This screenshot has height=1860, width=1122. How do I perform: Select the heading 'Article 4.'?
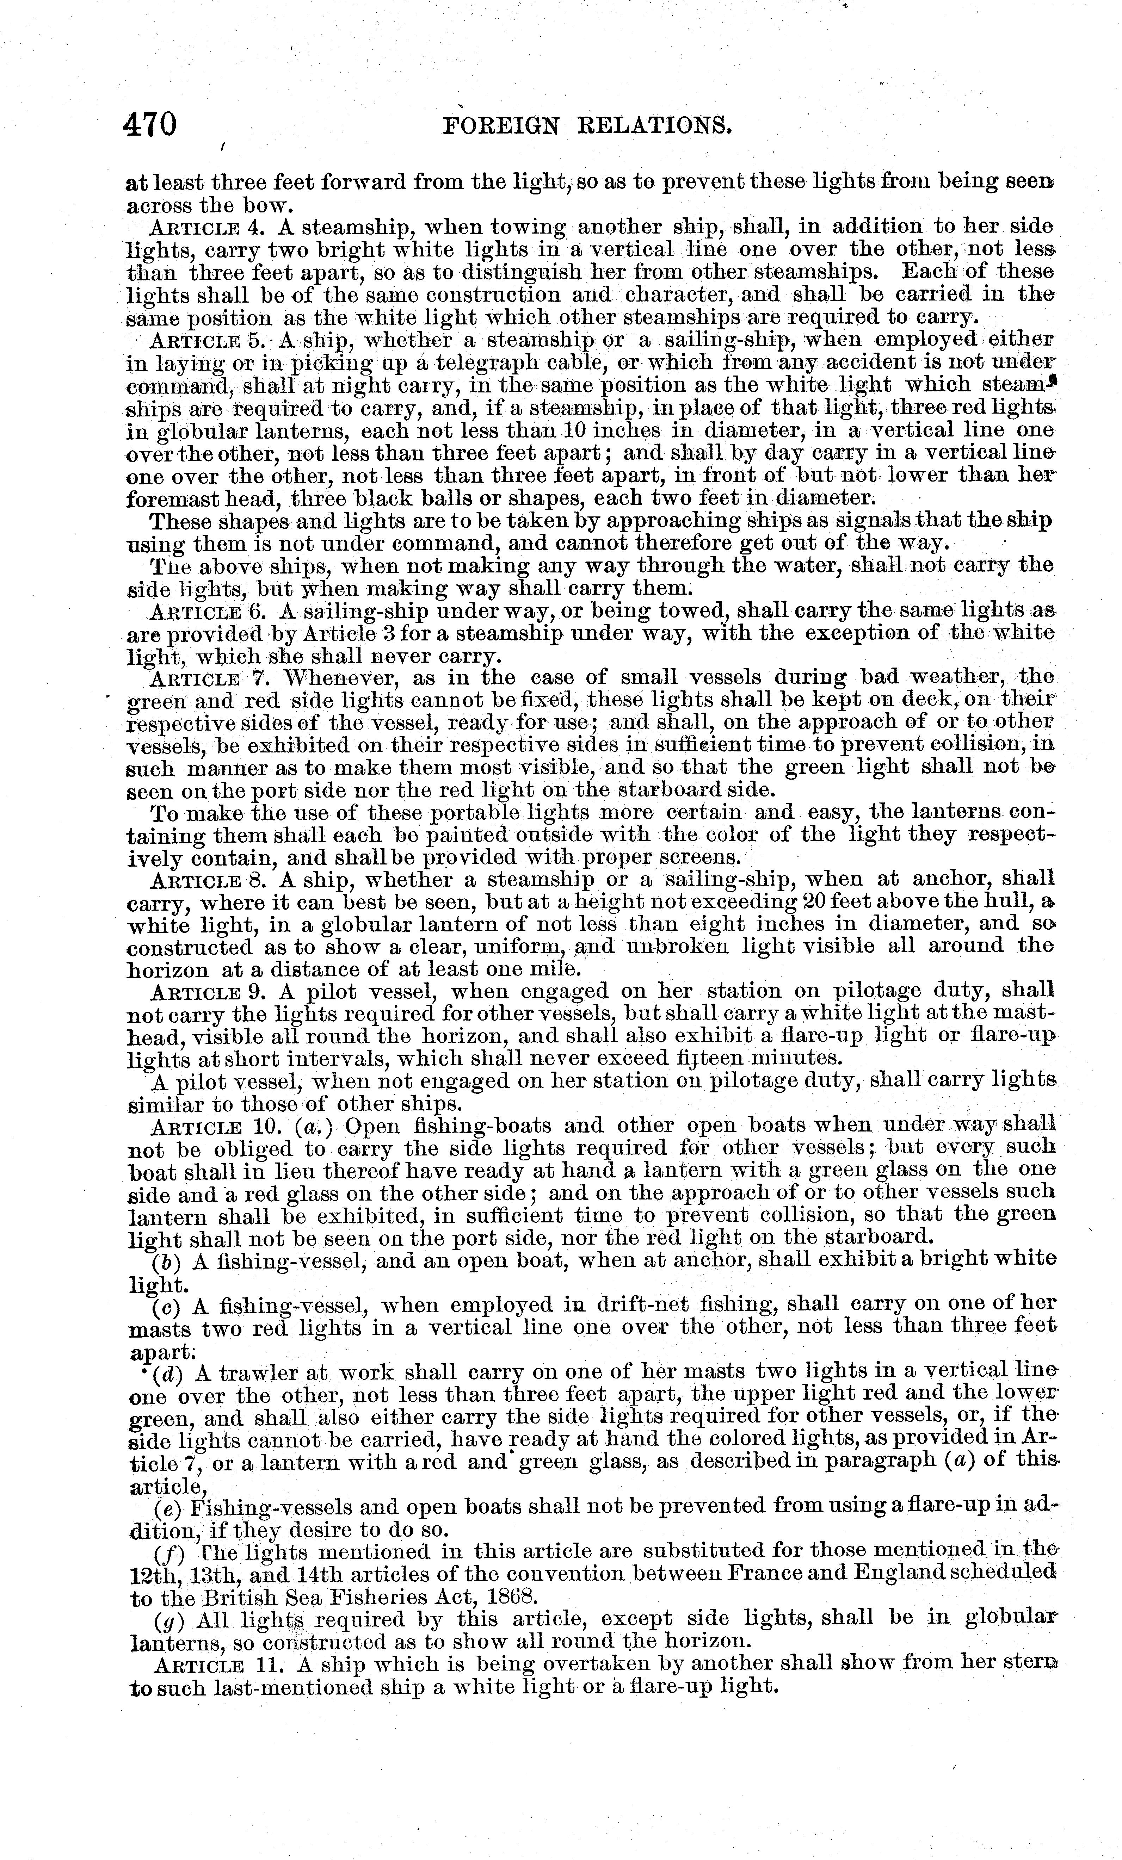(208, 227)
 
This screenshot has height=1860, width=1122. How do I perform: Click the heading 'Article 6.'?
(208, 612)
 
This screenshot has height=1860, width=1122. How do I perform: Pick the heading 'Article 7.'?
(208, 678)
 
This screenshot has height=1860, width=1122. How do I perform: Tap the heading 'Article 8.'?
(208, 880)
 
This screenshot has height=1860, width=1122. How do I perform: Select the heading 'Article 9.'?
(208, 991)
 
